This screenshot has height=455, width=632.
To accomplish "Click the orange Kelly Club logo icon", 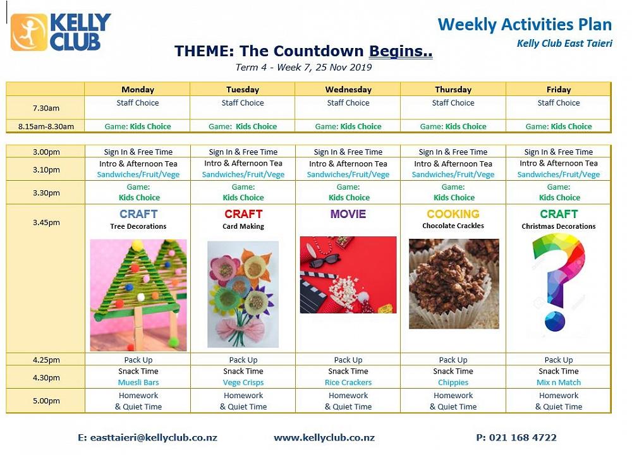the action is [28, 32].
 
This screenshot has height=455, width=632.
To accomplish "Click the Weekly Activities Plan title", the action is [525, 25].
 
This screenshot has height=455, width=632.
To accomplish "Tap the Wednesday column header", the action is [348, 90].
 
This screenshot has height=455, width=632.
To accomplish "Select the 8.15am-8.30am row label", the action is [46, 126].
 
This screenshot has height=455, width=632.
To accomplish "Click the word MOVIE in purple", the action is [348, 214].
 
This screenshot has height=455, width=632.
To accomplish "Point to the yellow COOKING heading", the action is [453, 214].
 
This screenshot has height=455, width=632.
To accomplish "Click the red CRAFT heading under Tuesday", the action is [243, 214].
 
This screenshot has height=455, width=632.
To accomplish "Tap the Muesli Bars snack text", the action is [138, 382].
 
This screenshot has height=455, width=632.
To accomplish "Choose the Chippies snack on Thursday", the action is [453, 382].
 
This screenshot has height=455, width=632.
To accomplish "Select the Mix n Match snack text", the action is [559, 382].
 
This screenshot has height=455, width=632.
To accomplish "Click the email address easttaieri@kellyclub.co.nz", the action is [154, 438].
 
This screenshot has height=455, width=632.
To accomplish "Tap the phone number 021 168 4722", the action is [523, 438].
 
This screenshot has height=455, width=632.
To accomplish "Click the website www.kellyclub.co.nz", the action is [324, 438].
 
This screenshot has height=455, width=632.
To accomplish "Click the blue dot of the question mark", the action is [555, 321].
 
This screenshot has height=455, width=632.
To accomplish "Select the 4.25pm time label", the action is [46, 360].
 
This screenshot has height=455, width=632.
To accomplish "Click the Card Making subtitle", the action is [243, 226].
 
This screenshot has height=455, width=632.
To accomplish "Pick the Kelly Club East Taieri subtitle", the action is [564, 44].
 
